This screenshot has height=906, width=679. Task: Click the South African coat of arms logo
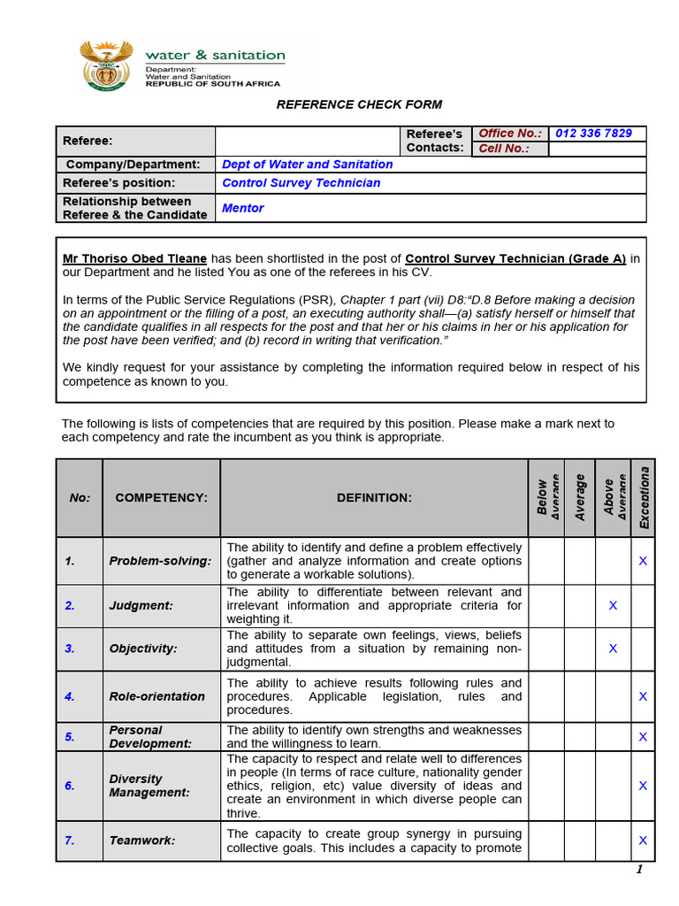[106, 65]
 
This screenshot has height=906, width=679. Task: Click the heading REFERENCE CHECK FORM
[359, 104]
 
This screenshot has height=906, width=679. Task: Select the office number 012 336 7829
[593, 134]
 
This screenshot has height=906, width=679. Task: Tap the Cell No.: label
[503, 149]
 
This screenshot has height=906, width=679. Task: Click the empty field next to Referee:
[308, 141]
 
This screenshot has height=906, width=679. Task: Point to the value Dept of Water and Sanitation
[307, 165]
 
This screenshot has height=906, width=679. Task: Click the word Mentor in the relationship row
[242, 208]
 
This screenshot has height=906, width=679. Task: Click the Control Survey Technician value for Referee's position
[301, 183]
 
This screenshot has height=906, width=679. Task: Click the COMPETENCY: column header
[161, 498]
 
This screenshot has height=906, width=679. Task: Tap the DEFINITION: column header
[374, 498]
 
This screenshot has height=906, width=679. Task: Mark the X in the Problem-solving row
[643, 561]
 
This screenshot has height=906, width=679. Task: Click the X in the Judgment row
[613, 605]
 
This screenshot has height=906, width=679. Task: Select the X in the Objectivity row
[613, 649]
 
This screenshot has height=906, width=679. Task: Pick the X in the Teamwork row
[643, 841]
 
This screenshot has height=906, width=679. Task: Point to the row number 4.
[70, 696]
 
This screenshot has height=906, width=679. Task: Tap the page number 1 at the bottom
[638, 870]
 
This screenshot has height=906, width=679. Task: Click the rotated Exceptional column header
[644, 498]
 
